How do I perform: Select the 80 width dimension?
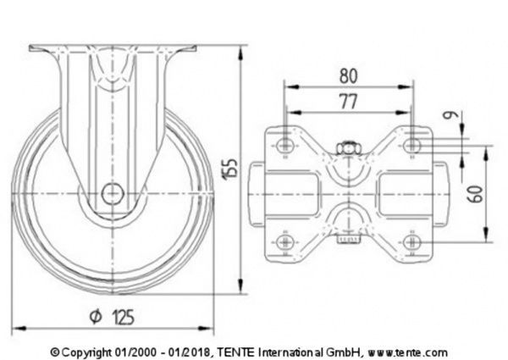click(x=348, y=75)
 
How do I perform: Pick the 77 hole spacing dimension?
click(x=348, y=102)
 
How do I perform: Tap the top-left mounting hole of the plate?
click(x=285, y=146)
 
